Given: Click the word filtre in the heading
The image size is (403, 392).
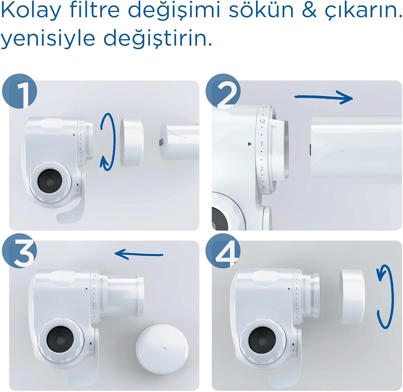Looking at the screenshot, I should [94, 10].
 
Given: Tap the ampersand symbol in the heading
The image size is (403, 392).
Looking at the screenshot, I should [309, 10].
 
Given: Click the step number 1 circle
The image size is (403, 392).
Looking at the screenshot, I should [20, 91].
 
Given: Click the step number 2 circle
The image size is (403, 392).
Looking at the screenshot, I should [223, 91].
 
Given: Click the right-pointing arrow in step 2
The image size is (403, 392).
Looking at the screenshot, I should [324, 97].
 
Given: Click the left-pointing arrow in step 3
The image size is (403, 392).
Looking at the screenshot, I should [138, 254].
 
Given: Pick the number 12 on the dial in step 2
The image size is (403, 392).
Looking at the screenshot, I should [262, 121].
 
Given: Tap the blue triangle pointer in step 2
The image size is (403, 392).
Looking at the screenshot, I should [250, 144].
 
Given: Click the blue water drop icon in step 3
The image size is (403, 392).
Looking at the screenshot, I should [91, 343].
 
